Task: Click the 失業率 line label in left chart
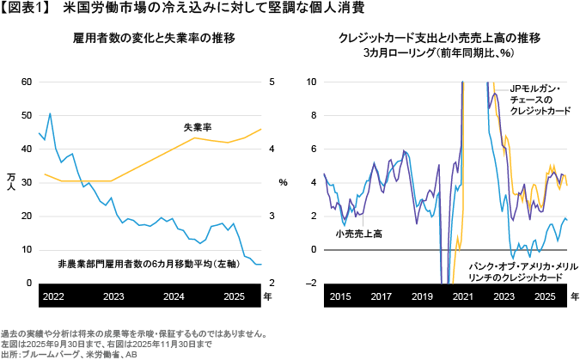coord(198,126)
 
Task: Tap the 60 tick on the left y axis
coord(27,82)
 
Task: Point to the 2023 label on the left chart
coord(113,296)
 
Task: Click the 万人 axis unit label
coord(10,182)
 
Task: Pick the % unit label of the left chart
coord(283,182)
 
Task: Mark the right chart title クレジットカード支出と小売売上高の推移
coord(439,39)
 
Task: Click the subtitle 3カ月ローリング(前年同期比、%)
coord(439,53)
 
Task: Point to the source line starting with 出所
coord(68,353)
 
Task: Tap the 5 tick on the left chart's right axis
coord(272,82)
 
